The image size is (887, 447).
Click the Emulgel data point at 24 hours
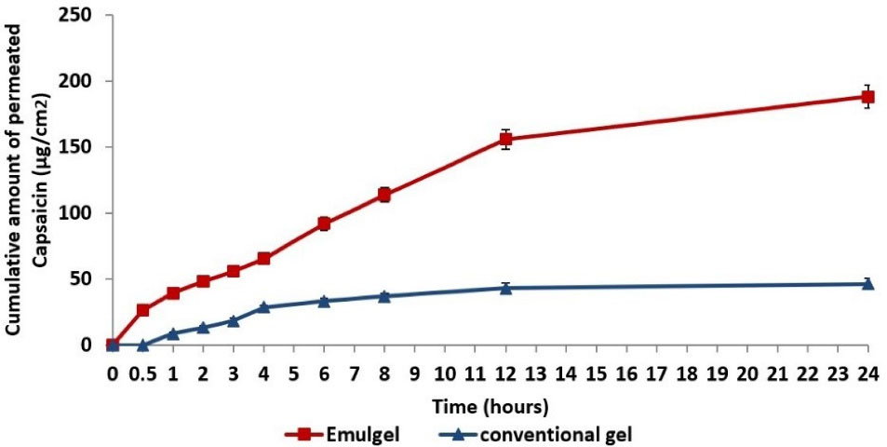click(867, 96)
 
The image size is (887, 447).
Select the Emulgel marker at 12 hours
click(505, 140)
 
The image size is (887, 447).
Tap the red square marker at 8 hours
click(383, 195)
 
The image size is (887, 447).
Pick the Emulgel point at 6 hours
click(324, 223)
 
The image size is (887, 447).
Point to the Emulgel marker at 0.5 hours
click(142, 310)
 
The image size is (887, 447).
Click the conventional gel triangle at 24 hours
click(867, 283)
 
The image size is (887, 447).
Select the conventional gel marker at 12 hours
click(505, 288)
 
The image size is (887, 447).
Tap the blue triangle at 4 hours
click(263, 306)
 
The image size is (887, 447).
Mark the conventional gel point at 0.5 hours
click(142, 345)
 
